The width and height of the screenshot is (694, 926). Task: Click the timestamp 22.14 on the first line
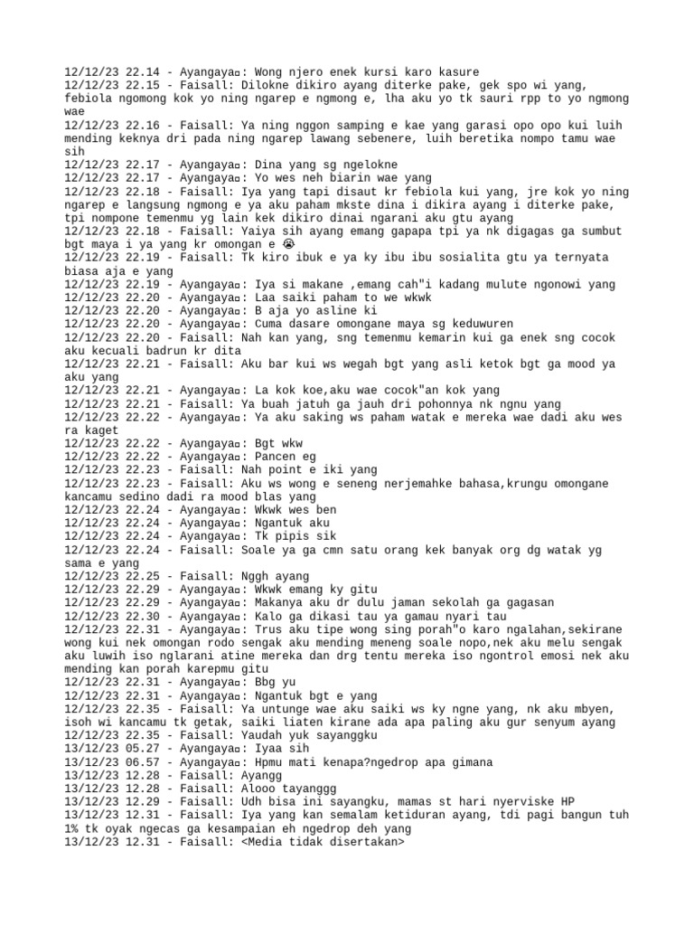(145, 71)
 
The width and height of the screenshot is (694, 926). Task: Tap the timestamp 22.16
(145, 125)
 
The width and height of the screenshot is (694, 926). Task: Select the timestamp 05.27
(145, 750)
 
